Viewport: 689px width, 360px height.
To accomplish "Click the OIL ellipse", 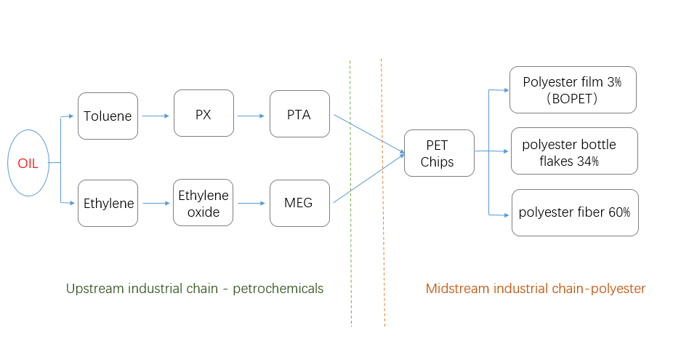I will (28, 163).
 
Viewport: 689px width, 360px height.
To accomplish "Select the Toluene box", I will (108, 116).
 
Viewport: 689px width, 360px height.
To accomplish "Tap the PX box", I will (204, 113).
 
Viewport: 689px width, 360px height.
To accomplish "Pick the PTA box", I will (299, 114).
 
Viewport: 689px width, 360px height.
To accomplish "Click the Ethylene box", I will (108, 204).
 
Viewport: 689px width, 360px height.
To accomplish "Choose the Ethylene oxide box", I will (204, 203).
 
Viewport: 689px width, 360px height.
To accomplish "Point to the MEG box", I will (299, 203).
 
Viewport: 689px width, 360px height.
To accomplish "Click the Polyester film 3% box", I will (573, 90).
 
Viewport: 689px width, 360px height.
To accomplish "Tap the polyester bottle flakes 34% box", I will (574, 151).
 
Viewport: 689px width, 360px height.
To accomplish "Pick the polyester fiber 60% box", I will (575, 212).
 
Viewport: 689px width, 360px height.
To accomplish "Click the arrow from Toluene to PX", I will (156, 116).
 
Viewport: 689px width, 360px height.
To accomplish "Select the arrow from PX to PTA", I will (251, 116).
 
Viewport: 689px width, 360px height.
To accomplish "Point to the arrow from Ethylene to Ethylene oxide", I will (156, 204).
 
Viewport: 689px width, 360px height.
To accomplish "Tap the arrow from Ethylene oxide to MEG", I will (251, 204).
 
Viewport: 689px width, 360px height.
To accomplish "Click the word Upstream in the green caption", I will (93, 289).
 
